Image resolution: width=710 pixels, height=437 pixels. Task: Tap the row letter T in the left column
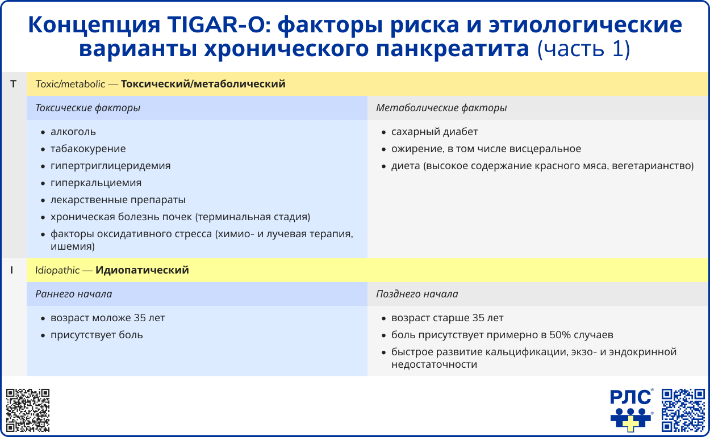click(x=13, y=84)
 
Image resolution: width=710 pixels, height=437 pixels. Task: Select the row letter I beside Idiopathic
click(x=12, y=270)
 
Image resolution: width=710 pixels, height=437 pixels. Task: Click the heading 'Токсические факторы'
click(x=87, y=108)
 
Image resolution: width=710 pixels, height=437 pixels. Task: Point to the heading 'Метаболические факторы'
click(x=441, y=108)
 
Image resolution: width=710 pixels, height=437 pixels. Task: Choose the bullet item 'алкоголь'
click(x=73, y=132)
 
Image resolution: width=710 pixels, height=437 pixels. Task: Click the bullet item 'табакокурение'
click(x=88, y=149)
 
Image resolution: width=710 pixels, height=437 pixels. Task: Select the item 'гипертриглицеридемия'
click(x=110, y=166)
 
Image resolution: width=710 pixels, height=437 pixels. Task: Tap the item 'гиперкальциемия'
click(x=96, y=183)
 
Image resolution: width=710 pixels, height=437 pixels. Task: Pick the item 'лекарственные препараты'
click(x=118, y=200)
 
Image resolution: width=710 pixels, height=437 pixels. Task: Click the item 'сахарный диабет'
click(x=435, y=132)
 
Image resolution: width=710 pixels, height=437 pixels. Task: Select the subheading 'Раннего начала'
click(x=73, y=294)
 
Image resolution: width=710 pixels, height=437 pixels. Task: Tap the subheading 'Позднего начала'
click(x=417, y=294)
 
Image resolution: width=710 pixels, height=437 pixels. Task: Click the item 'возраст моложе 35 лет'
click(x=108, y=318)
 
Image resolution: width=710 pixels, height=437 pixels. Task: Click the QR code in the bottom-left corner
click(x=28, y=410)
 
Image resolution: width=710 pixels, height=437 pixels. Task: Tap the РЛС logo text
click(x=630, y=397)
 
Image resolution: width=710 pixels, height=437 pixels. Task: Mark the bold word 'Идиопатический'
click(x=142, y=270)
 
